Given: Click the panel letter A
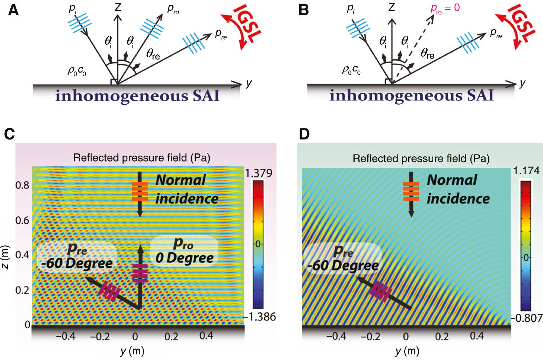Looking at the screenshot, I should click(x=13, y=10).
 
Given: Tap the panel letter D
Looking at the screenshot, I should click(x=304, y=134).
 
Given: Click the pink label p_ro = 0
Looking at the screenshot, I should click(x=445, y=9).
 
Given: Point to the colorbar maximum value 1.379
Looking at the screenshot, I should click(x=258, y=173).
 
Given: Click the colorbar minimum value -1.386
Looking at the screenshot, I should click(x=260, y=317).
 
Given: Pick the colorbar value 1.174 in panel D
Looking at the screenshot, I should click(x=526, y=171).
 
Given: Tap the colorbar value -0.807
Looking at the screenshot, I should click(x=527, y=318).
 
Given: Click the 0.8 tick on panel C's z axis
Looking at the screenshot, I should click(x=22, y=185).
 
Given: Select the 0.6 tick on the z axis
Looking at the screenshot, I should click(x=22, y=220).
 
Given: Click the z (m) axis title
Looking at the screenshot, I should click(x=5, y=257).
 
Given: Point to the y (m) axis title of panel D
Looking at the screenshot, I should click(x=407, y=351).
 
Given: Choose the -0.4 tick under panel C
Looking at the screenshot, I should click(x=66, y=337).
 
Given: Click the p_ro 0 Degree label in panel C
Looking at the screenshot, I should click(x=184, y=251).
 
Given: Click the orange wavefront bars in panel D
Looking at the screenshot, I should click(x=411, y=191).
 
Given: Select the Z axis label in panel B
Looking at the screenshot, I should click(x=392, y=7).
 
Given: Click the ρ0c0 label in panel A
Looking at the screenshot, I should click(x=77, y=71).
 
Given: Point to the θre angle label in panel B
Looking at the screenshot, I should click(x=427, y=54).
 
